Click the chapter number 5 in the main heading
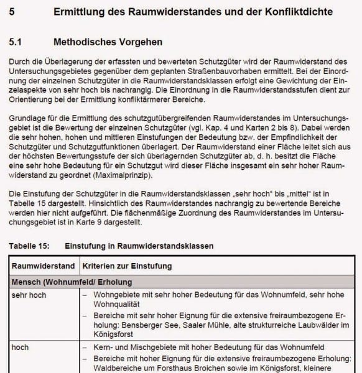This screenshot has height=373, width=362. click(13, 12)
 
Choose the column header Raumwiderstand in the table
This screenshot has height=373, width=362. click(44, 266)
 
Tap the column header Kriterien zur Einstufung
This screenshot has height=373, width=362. click(127, 266)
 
